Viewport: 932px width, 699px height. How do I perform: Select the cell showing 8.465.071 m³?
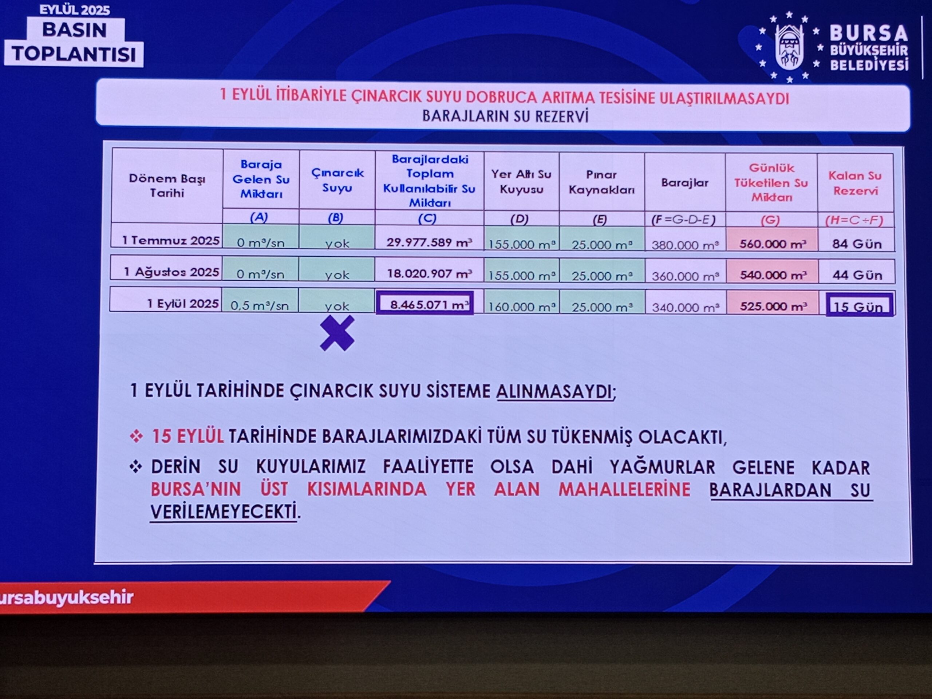425,303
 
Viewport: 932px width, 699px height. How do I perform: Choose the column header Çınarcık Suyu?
337,180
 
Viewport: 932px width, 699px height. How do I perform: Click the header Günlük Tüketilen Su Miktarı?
771,182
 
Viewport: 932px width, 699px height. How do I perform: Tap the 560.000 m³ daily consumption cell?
772,244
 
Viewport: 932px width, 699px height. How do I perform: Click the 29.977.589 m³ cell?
429,242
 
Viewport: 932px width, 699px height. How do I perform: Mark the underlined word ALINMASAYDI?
554,392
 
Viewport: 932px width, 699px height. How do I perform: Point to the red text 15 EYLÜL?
187,436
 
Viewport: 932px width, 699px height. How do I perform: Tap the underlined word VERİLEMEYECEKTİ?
223,512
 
